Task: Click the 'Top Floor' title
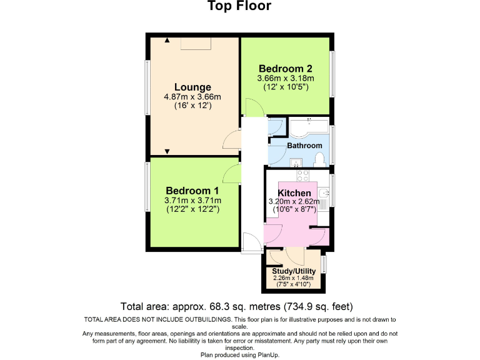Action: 239,7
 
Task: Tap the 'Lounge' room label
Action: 192,87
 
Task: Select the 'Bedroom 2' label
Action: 286,69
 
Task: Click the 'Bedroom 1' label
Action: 192,191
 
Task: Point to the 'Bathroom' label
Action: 304,146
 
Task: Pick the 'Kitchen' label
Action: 294,192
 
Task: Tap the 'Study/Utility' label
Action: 294,271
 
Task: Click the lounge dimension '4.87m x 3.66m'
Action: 192,97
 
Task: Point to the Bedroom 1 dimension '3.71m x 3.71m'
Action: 192,201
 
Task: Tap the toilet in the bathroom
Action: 319,159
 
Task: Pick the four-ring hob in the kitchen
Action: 304,176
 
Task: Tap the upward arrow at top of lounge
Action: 167,41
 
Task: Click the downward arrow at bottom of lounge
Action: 167,151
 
